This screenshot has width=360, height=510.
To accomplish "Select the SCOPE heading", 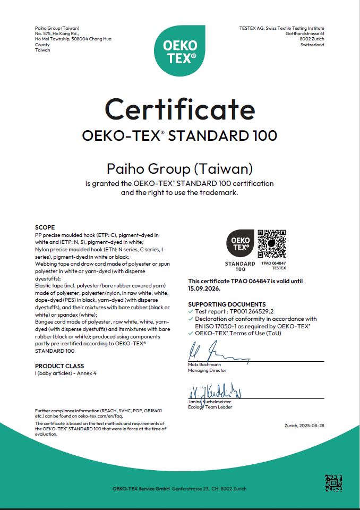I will [x=45, y=227].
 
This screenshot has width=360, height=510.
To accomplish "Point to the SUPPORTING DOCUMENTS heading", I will [x=227, y=304].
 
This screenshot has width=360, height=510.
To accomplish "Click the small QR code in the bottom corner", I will [x=333, y=483].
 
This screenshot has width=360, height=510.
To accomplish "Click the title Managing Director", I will [x=207, y=370].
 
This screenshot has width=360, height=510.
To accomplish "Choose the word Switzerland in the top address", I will [x=312, y=45].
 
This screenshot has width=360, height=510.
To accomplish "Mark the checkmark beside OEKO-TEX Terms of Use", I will [x=191, y=333].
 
